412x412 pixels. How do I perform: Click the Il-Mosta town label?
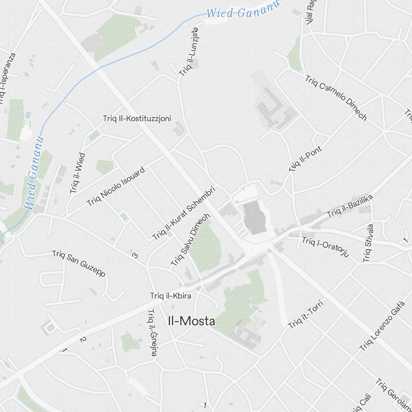[192, 321]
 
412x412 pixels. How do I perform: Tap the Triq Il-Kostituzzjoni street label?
[137, 119]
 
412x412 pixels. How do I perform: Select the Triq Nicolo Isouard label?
[116, 186]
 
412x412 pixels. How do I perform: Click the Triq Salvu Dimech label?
[190, 239]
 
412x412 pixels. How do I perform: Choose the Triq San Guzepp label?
[79, 264]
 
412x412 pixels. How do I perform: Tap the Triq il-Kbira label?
[171, 295]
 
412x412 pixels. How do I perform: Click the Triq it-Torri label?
[306, 315]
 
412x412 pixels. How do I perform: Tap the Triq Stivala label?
[368, 243]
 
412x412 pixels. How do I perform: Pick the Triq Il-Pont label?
[305, 159]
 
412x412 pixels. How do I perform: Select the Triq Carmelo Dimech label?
[336, 98]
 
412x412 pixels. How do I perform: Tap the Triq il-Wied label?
[78, 173]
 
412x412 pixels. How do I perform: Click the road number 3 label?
[135, 255]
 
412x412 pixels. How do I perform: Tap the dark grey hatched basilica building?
[254, 217]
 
